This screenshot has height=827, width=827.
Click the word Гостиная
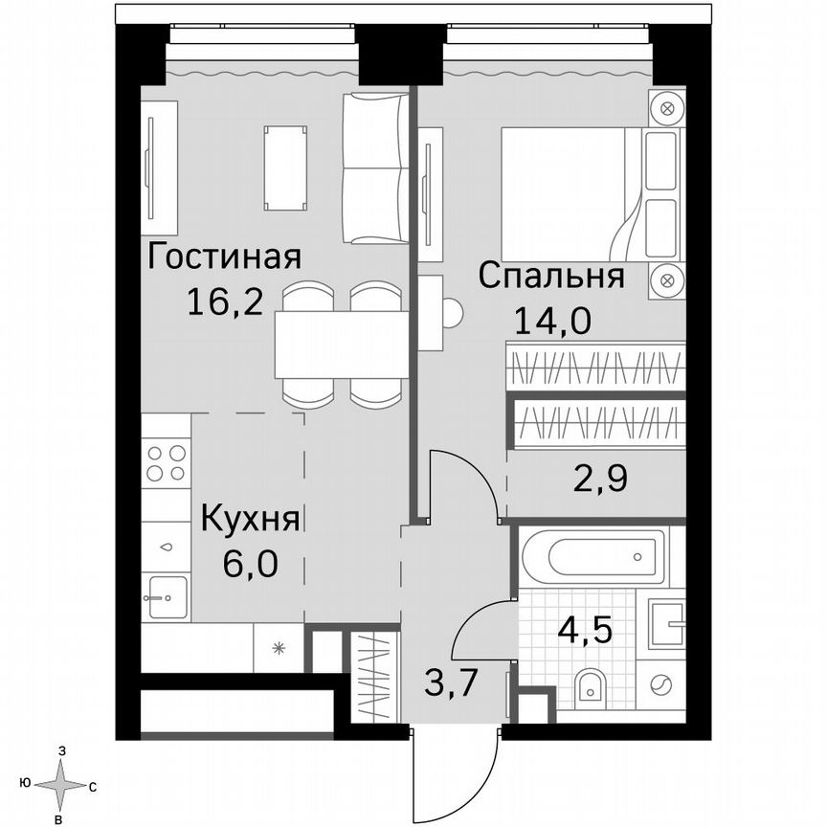[225, 257]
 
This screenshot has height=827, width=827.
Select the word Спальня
[550, 277]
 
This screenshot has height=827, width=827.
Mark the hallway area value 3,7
[452, 684]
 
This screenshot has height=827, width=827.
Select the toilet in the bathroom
[592, 685]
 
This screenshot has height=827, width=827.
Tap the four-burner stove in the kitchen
[166, 463]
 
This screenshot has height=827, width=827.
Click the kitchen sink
[165, 597]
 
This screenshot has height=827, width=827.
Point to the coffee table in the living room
[285, 168]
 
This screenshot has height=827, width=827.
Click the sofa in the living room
[375, 168]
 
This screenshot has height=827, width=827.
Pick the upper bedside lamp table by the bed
[668, 107]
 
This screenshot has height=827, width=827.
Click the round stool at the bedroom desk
[452, 312]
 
